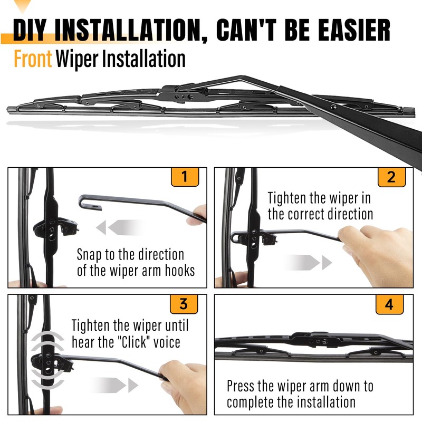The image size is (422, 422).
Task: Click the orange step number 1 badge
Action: pyautogui.click(x=184, y=177)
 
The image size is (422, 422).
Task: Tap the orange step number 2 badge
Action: pyautogui.click(x=391, y=177)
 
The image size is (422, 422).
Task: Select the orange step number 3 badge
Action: pyautogui.click(x=184, y=304)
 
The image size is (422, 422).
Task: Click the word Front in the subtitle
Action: pyautogui.click(x=33, y=59)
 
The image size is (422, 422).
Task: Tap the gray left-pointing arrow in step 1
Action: pyautogui.click(x=113, y=227)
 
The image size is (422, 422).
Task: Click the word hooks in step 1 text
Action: pyautogui.click(x=181, y=271)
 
